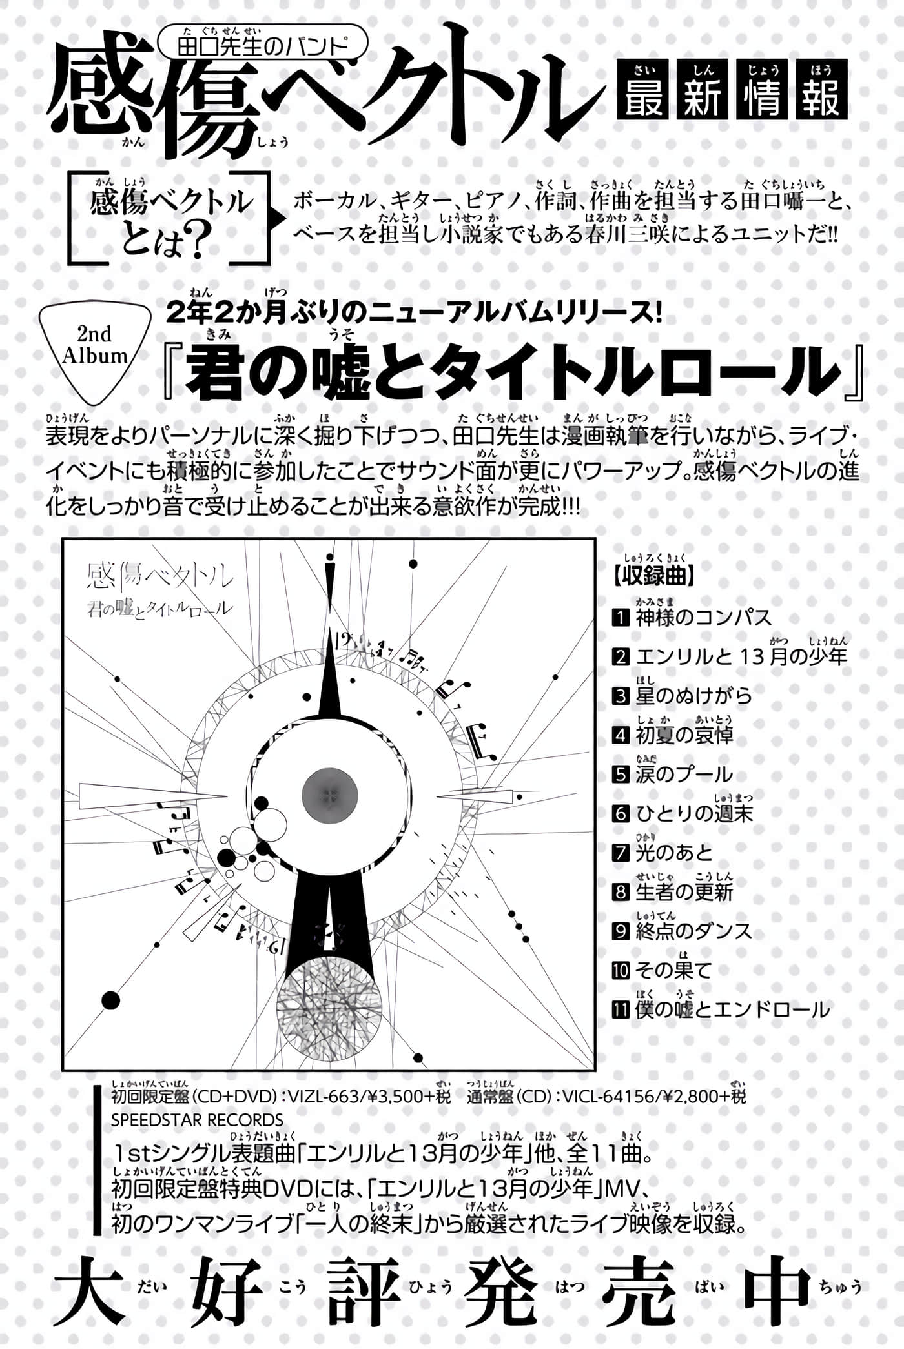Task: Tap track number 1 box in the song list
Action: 621,618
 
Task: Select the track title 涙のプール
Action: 684,775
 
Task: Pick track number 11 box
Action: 621,1009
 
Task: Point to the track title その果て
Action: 673,970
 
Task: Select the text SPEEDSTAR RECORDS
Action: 197,1120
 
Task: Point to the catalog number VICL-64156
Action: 608,1096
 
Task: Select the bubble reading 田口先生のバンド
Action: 262,46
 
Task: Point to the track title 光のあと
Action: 673,853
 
